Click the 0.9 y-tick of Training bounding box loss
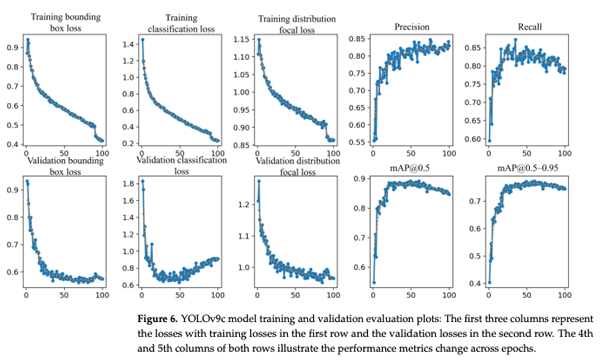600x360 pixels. tap(14, 48)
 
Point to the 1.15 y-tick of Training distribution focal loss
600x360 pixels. tap(244, 39)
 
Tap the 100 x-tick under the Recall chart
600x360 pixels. tap(564, 155)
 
